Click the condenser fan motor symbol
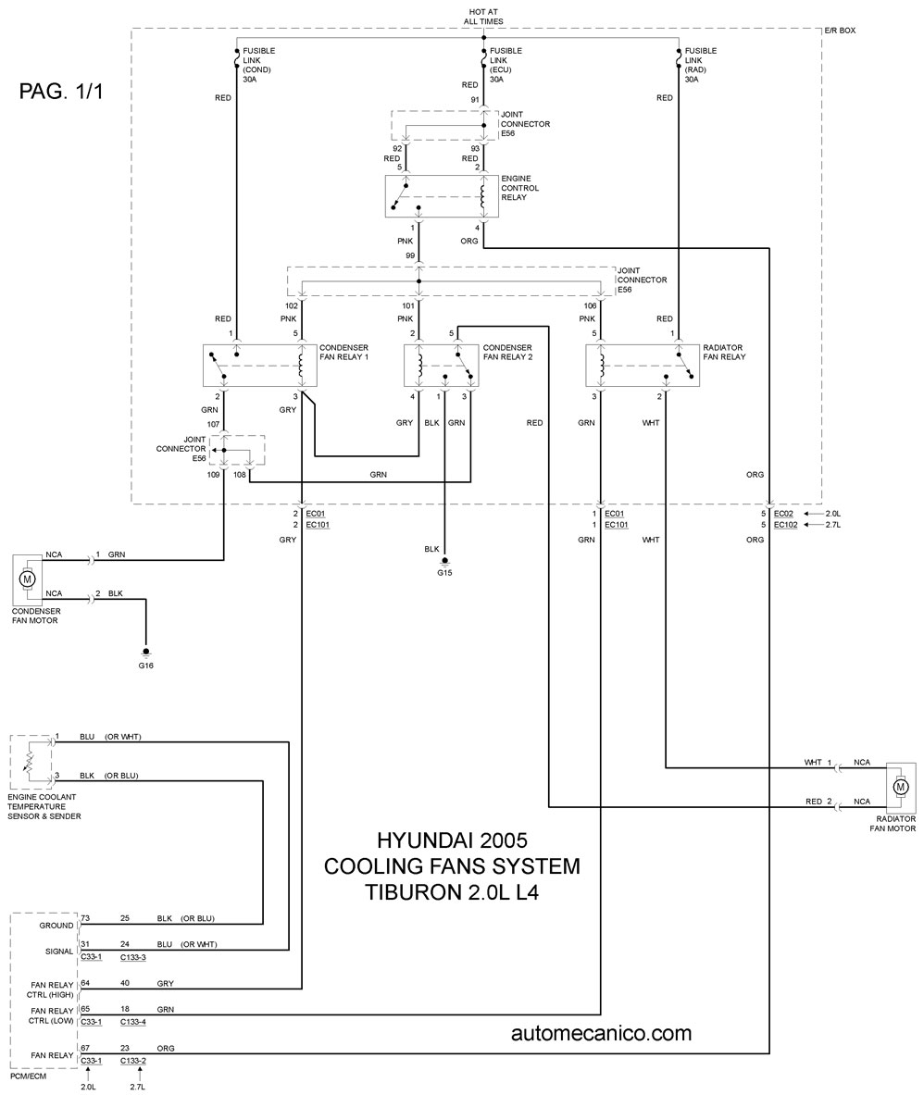(x=28, y=579)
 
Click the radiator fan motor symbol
(x=900, y=788)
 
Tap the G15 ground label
(x=445, y=573)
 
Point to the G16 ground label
(x=145, y=666)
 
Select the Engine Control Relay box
(x=443, y=196)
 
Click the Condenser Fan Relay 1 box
(x=260, y=366)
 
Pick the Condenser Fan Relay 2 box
(x=443, y=366)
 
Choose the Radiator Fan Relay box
(x=643, y=366)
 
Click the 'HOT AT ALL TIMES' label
(x=483, y=17)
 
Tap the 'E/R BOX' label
(x=840, y=31)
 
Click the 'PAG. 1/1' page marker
(x=61, y=92)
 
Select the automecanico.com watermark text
(x=601, y=1033)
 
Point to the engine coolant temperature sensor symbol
(x=31, y=762)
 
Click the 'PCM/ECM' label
(x=28, y=1076)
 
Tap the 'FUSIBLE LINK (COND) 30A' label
(x=258, y=65)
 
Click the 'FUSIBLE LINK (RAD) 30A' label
(x=701, y=65)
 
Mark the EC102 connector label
(x=786, y=525)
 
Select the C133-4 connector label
(x=132, y=1022)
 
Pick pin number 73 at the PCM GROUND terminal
(x=85, y=918)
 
